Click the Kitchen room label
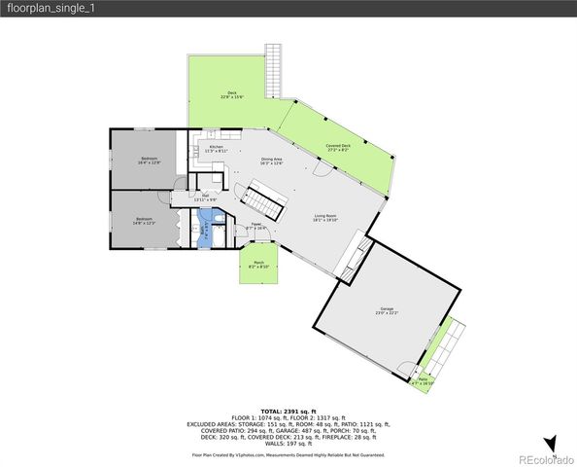point(216,149)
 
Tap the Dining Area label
point(272,161)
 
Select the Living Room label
point(324,217)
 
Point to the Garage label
point(387,311)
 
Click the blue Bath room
point(205,232)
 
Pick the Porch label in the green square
point(258,264)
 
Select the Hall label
point(206,198)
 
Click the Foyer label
point(257,226)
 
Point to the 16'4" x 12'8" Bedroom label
point(150,161)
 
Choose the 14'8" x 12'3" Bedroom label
point(144,221)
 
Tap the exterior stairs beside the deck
point(274,69)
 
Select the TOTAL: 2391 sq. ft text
point(288,412)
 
